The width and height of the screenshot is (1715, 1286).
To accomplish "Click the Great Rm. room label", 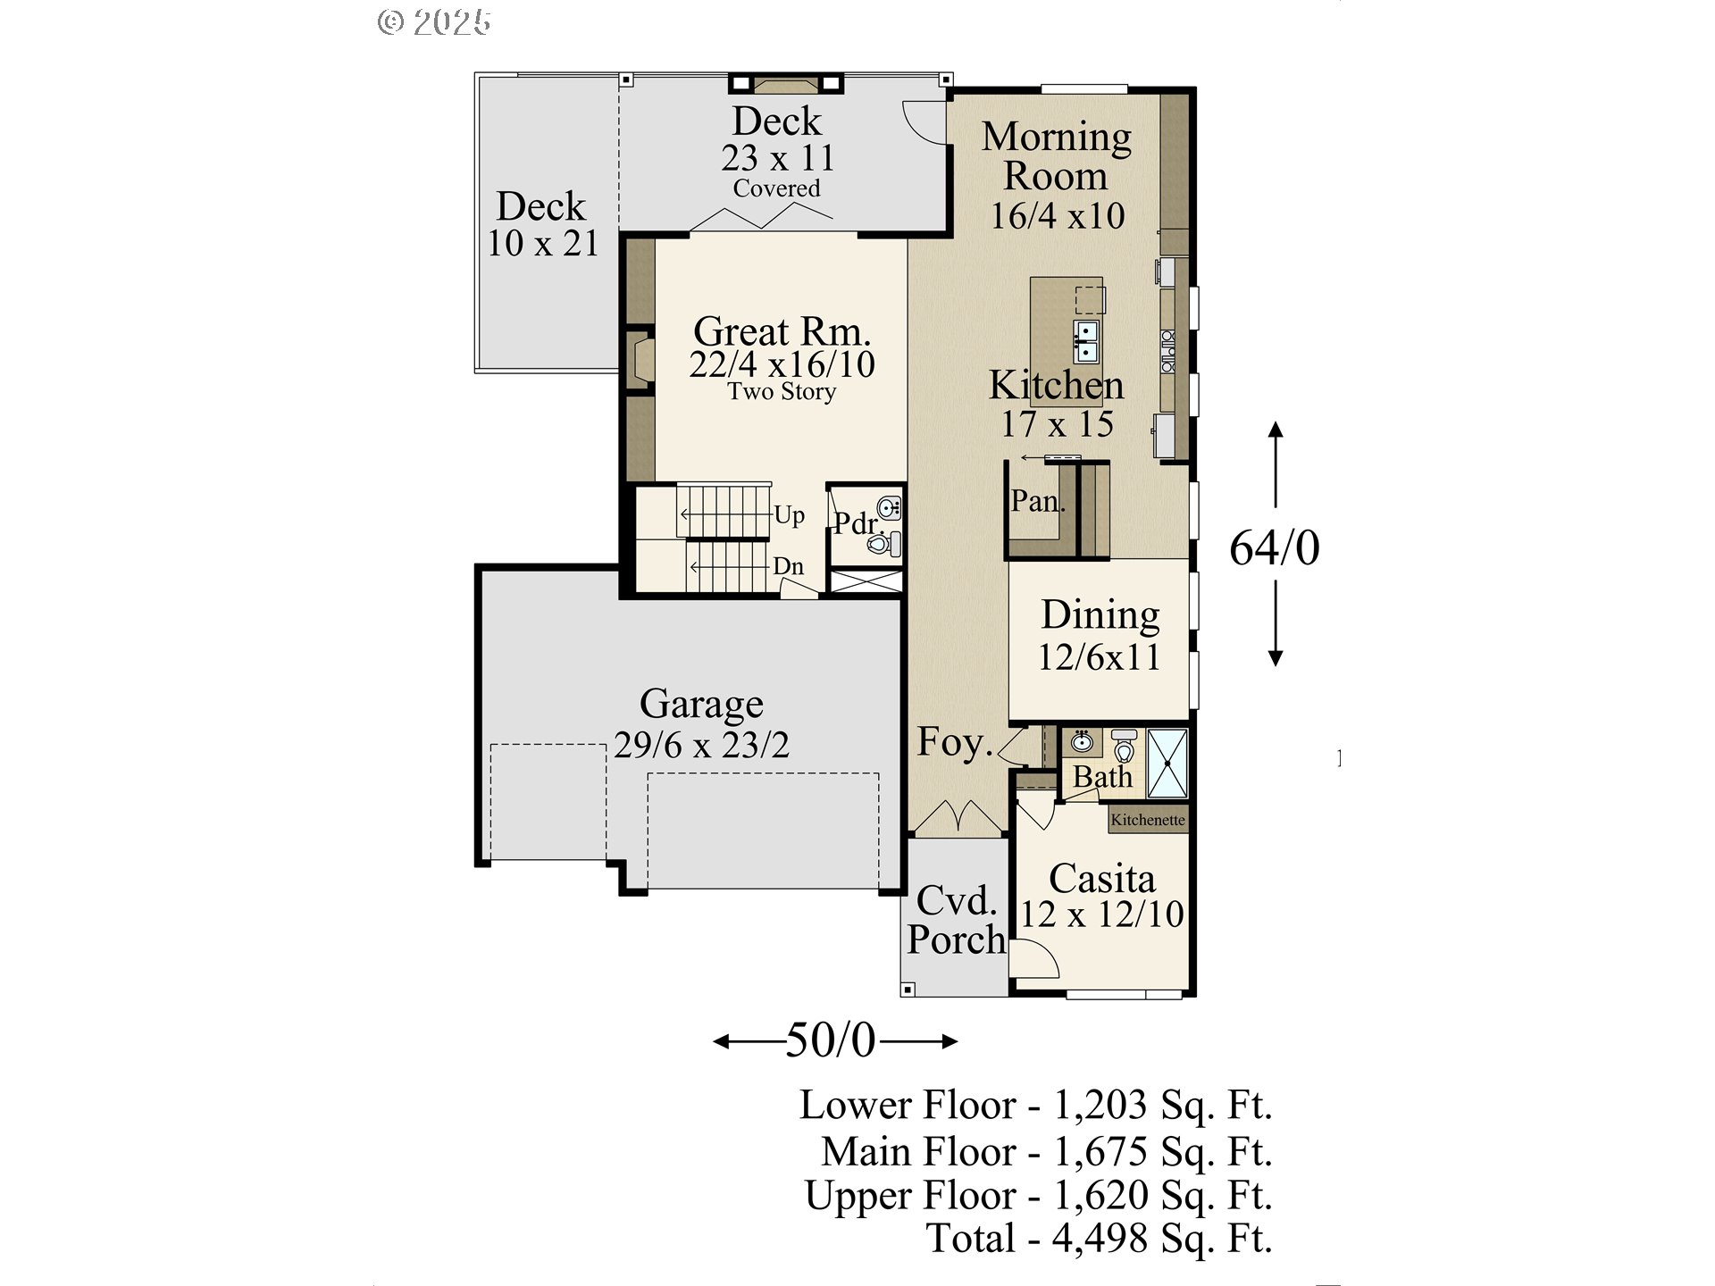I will point(782,332).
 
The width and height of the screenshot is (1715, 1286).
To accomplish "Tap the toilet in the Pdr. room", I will point(883,543).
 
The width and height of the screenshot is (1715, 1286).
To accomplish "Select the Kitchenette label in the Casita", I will point(1148,820).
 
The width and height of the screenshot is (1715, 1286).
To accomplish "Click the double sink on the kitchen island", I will point(1086,342).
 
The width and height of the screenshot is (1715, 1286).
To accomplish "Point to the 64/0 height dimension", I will point(1274,547).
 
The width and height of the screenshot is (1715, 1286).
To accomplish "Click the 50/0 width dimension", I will point(831,1040).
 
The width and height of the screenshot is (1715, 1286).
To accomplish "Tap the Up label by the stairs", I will point(789,515).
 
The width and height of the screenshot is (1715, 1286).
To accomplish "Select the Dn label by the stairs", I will point(788,566).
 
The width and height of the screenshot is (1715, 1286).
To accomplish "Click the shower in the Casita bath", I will point(1167,764).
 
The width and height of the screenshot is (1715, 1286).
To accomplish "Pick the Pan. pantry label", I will point(1037,501).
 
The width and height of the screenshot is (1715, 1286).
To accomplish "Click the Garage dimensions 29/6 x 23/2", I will point(702,745).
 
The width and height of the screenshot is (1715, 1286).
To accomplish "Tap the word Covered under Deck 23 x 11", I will point(776,188).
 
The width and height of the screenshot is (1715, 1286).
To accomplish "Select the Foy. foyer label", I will point(954,742).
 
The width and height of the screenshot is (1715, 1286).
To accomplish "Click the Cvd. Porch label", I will point(956,920).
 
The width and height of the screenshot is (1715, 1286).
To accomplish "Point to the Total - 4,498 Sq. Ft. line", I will point(1099,1239).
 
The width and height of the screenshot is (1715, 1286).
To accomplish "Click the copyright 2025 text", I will point(434,22).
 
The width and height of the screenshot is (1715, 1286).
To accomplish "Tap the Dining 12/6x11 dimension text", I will point(1099,657).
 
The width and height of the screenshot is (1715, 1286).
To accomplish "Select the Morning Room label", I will point(1056,155).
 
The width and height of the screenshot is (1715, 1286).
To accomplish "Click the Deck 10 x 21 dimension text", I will point(542,243).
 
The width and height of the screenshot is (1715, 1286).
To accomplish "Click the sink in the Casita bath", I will point(1082,742).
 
